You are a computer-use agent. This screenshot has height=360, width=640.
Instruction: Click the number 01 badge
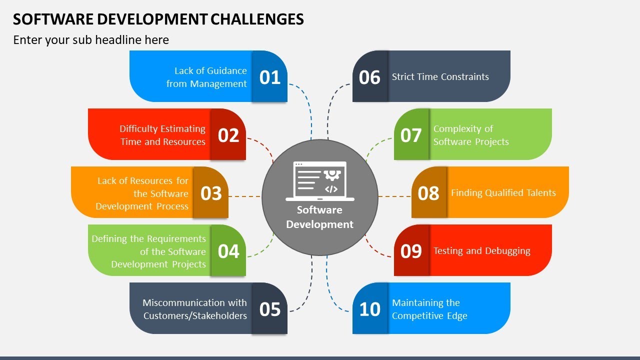click(x=270, y=77)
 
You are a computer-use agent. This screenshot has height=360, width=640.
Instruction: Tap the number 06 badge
click(x=370, y=77)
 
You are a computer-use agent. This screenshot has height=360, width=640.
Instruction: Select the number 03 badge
click(x=211, y=193)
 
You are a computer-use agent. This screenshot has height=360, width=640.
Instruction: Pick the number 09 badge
click(x=411, y=250)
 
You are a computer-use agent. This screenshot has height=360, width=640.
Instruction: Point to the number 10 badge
click(x=370, y=309)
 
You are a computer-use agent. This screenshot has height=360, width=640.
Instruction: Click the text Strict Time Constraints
click(x=440, y=77)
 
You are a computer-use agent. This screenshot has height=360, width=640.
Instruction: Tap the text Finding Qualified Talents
click(x=503, y=193)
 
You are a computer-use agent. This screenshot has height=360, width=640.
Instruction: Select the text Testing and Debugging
click(x=481, y=251)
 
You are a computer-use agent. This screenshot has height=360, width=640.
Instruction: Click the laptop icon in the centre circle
click(x=320, y=180)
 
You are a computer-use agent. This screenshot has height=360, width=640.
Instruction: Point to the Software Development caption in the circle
click(x=320, y=217)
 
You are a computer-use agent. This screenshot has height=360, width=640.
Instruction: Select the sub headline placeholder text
click(x=91, y=40)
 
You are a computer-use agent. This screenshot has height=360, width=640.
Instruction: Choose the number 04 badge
click(x=228, y=250)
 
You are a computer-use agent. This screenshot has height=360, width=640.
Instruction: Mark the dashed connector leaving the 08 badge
click(x=395, y=196)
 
